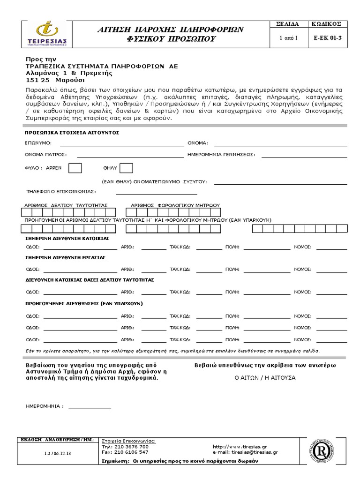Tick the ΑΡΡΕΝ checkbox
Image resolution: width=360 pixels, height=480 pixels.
pyautogui.click(x=75, y=168)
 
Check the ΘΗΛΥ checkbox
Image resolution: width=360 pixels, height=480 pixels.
pyautogui.click(x=127, y=168)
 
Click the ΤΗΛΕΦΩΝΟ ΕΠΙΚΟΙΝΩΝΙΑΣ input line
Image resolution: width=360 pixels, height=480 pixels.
pyautogui.click(x=157, y=193)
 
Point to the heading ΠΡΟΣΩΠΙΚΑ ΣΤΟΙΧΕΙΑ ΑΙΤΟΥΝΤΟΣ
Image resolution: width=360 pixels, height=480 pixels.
pyautogui.click(x=72, y=133)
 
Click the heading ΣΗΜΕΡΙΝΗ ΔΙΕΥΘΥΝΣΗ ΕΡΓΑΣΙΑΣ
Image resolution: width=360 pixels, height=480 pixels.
pyautogui.click(x=65, y=257)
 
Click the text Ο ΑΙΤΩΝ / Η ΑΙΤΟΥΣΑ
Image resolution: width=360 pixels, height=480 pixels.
pyautogui.click(x=265, y=377)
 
